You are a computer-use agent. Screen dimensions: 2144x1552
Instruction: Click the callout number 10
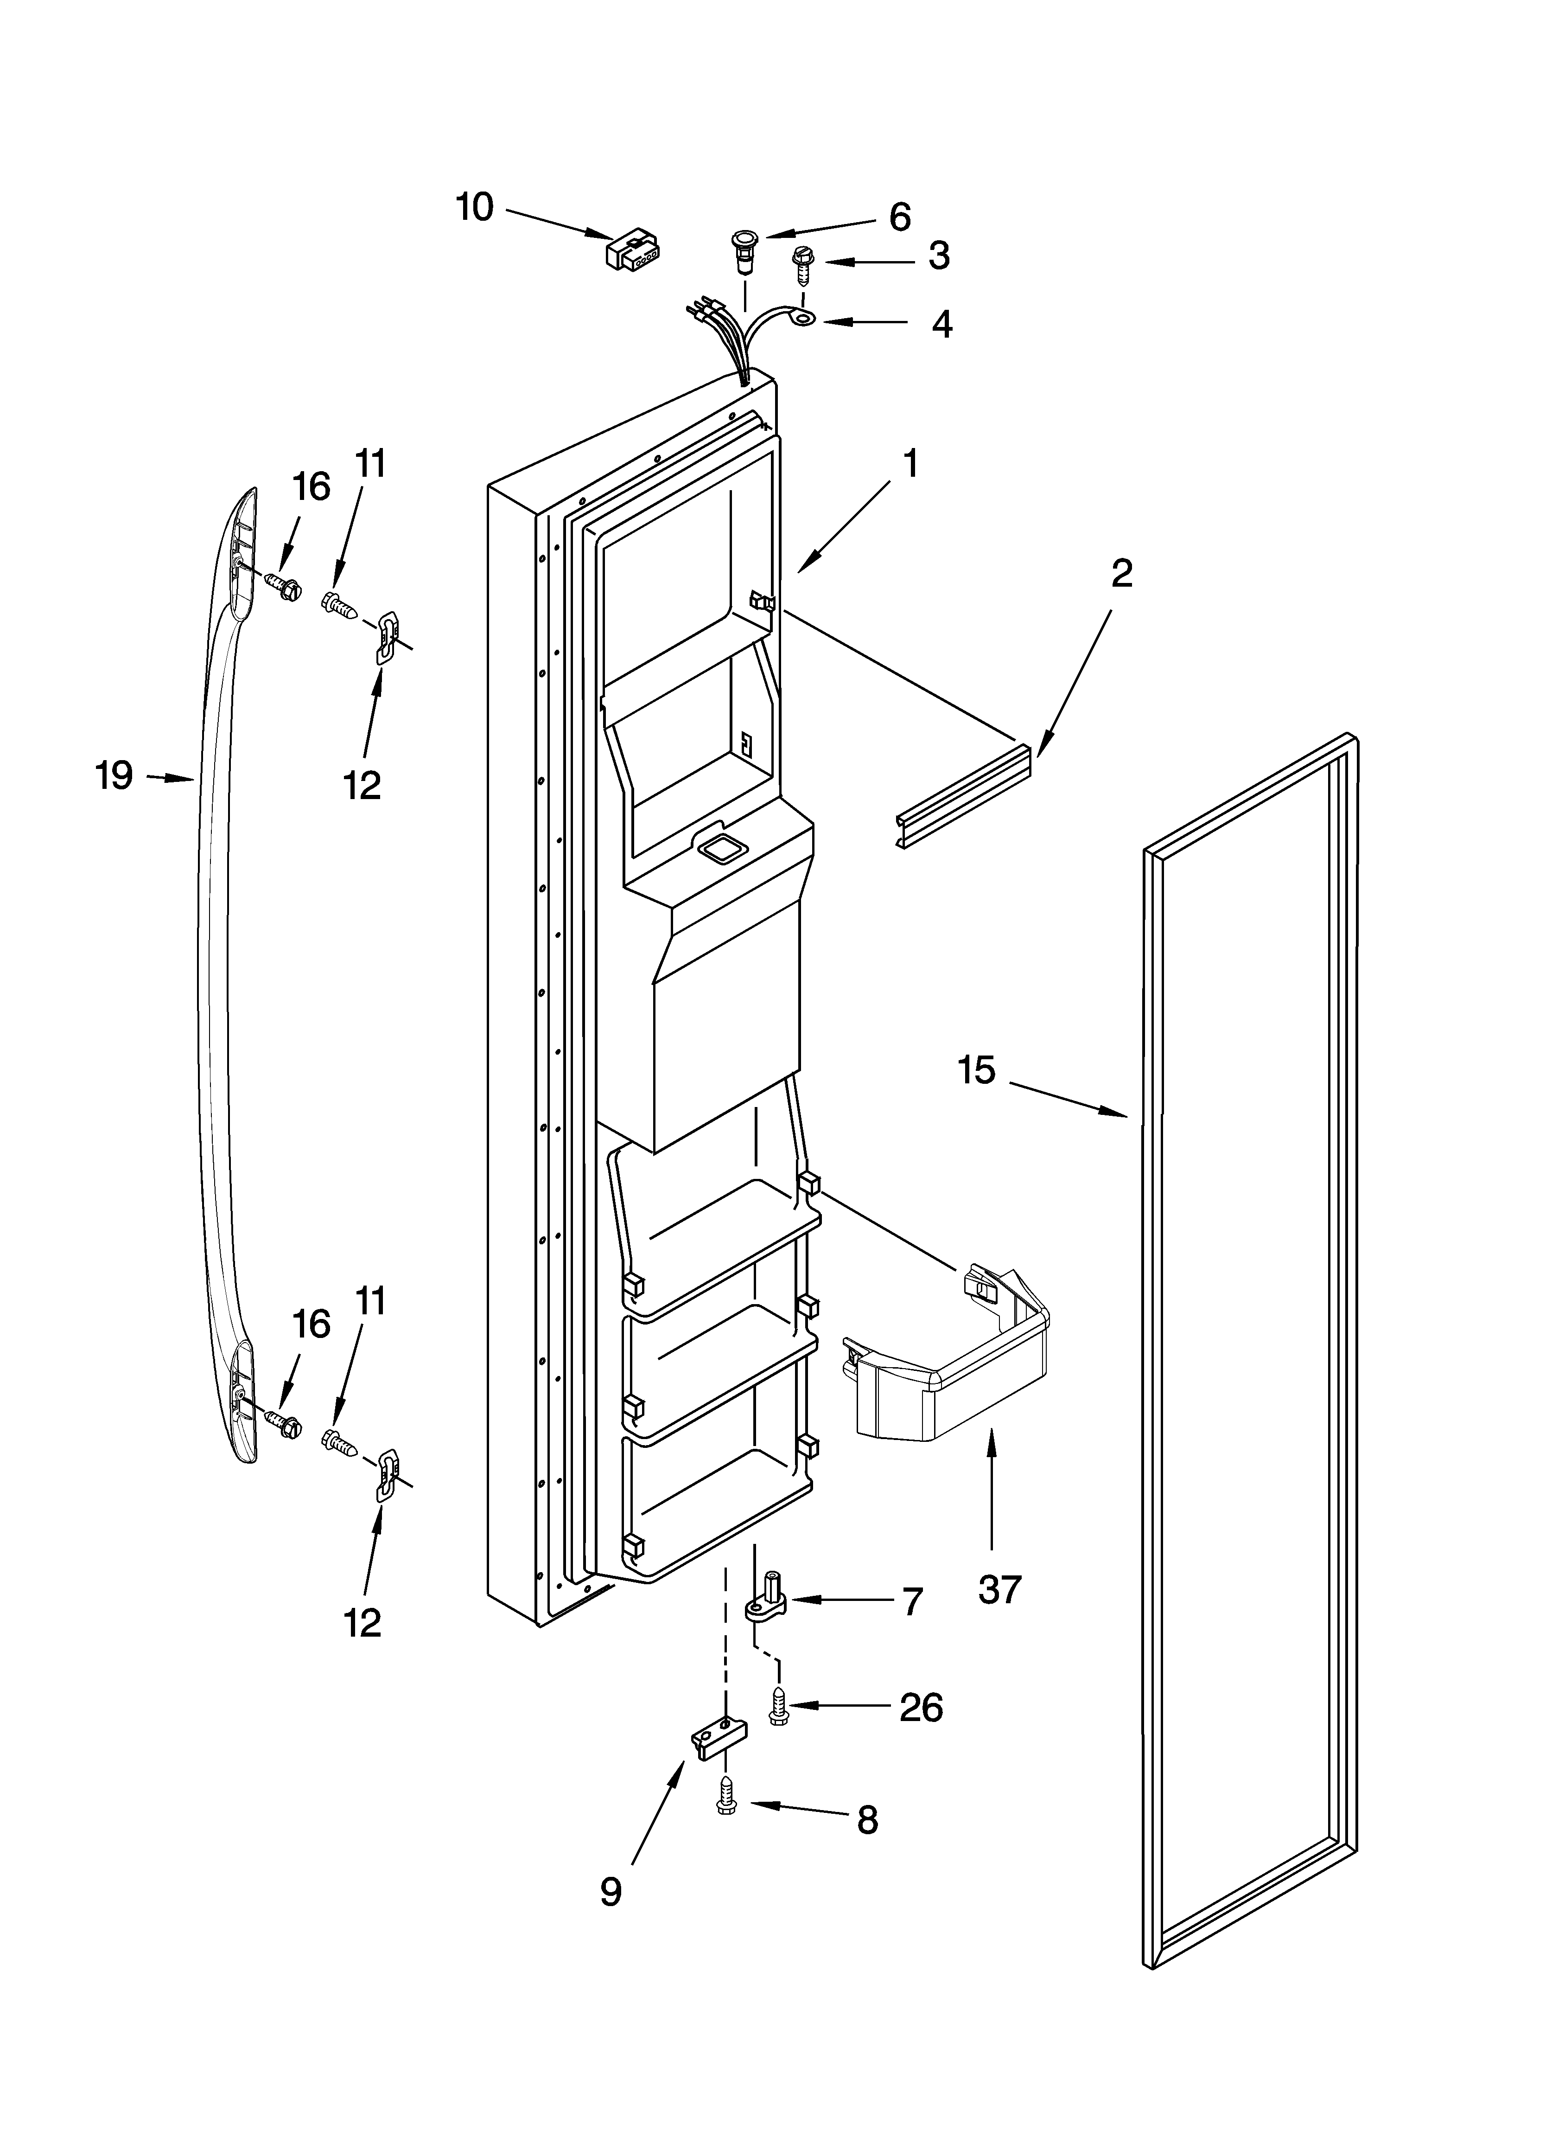point(475,207)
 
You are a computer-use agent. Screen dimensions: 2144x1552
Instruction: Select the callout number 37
point(1000,1589)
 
